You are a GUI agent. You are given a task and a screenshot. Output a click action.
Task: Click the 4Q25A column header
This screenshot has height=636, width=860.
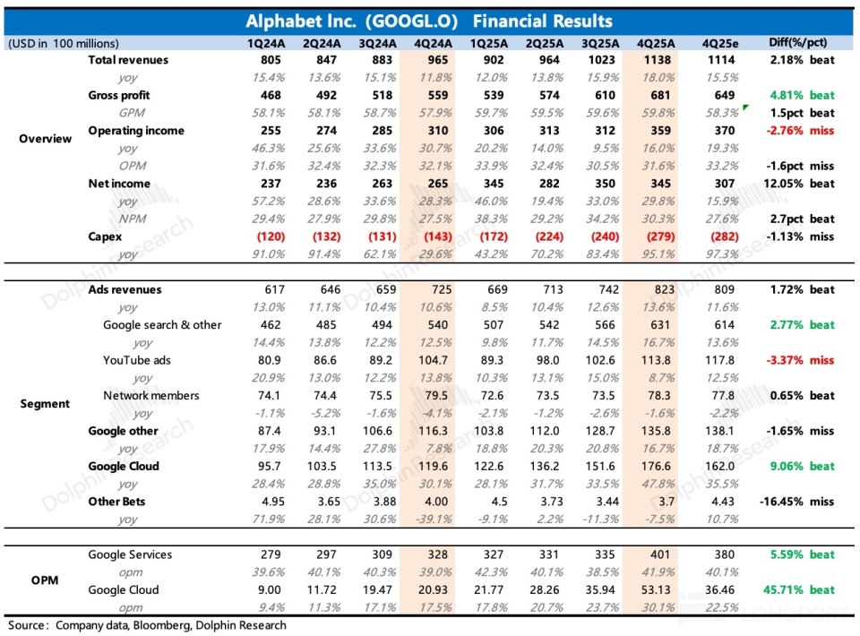click(x=656, y=43)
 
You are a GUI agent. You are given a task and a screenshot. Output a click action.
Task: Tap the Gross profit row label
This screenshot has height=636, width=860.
click(x=119, y=95)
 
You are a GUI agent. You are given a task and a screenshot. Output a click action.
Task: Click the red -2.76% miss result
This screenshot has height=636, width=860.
click(x=800, y=131)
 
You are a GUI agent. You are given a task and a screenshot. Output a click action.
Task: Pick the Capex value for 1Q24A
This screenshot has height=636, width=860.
click(x=271, y=236)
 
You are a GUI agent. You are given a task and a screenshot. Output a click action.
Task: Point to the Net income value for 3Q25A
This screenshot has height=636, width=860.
click(x=605, y=184)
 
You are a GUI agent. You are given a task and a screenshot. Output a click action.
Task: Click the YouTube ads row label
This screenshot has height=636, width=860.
click(x=136, y=360)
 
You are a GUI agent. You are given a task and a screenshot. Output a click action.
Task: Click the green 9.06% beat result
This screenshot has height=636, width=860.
click(x=802, y=466)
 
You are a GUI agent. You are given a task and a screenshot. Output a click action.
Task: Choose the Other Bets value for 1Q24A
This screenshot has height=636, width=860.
click(x=272, y=501)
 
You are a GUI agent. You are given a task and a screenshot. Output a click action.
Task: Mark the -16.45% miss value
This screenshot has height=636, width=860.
click(x=797, y=501)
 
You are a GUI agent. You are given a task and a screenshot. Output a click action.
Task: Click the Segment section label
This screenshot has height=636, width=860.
click(x=45, y=404)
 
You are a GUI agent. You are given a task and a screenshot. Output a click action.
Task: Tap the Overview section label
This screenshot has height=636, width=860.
click(x=45, y=139)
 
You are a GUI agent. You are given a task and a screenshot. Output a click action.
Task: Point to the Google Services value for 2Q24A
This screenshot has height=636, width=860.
click(x=326, y=554)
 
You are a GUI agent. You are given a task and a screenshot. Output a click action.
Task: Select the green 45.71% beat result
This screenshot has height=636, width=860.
click(x=798, y=590)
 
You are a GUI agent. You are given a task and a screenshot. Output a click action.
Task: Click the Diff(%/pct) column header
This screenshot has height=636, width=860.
click(x=797, y=43)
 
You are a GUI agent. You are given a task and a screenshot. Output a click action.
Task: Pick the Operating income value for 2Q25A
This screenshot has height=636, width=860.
click(x=549, y=131)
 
